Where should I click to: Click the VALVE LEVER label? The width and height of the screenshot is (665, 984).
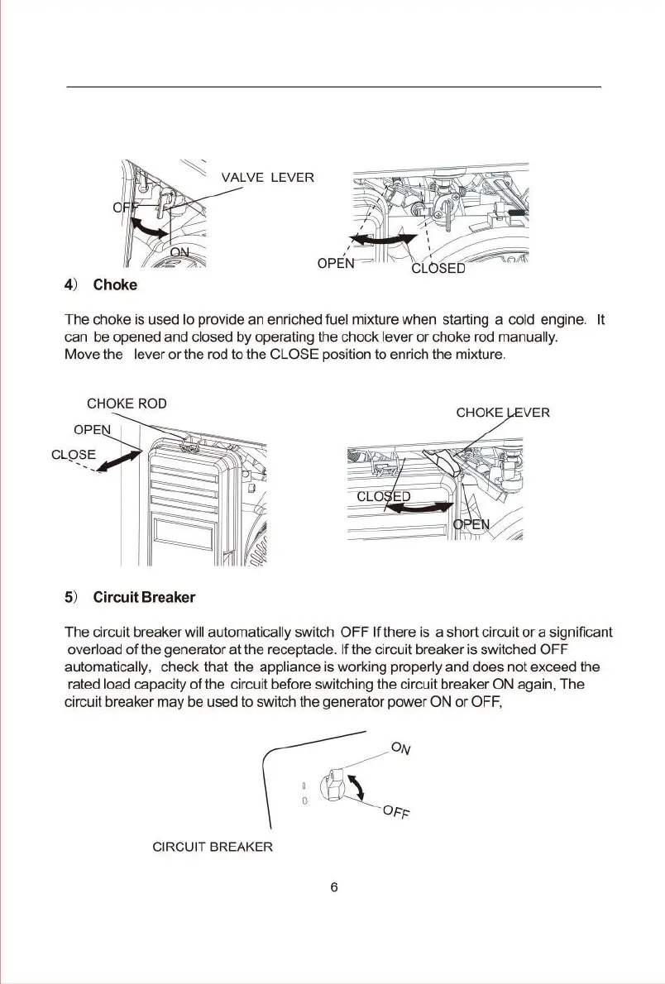[x=267, y=178]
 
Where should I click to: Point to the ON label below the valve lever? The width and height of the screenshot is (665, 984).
[x=180, y=252]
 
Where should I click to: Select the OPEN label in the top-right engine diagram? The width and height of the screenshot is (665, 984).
[x=336, y=264]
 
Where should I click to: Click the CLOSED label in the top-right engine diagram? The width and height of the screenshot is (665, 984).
[x=438, y=267]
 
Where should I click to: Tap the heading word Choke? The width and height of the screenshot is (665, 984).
[x=115, y=285]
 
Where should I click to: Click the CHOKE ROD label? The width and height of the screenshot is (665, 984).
[x=127, y=404]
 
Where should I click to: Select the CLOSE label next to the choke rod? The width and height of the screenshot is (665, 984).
[x=74, y=455]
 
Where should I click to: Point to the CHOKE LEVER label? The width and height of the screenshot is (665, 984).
[x=503, y=412]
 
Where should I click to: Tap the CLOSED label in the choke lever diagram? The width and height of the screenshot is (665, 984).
[x=384, y=496]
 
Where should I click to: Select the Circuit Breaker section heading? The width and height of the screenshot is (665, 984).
[x=144, y=597]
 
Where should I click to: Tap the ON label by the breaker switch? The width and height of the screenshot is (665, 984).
[x=401, y=749]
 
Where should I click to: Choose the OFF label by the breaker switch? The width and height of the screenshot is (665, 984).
[x=397, y=813]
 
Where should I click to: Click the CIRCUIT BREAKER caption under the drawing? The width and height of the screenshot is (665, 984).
[x=213, y=848]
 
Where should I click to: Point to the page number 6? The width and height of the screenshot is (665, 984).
[x=333, y=887]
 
